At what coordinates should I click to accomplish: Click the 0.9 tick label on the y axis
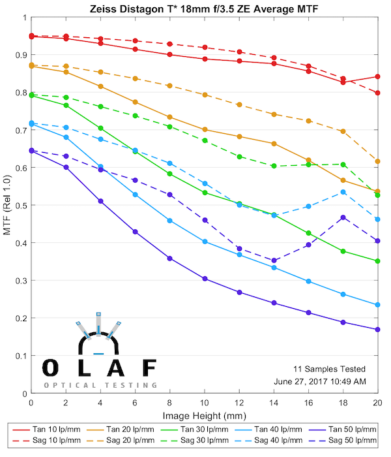(x=18, y=55)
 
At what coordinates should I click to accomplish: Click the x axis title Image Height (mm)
(x=204, y=416)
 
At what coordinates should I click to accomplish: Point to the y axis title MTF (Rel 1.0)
(x=7, y=205)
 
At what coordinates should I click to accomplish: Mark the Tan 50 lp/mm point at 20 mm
(x=377, y=330)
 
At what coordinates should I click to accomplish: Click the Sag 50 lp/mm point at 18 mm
(x=343, y=217)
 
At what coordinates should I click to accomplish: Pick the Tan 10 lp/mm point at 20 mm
(x=377, y=76)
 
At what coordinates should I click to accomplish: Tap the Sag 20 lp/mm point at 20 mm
(x=377, y=161)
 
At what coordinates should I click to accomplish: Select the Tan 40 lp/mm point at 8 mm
(x=169, y=221)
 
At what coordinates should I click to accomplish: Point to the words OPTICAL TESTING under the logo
(x=100, y=385)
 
